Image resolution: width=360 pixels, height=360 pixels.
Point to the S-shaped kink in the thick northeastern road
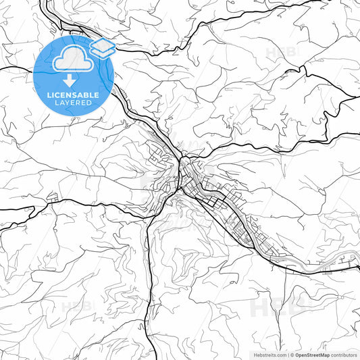[x=349, y=101]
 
